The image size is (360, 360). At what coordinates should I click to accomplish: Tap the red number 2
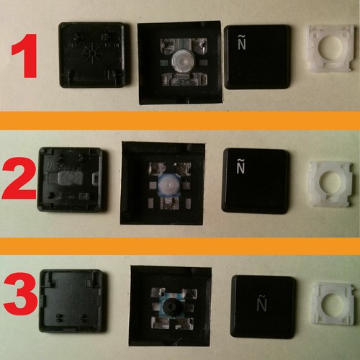(x=19, y=179)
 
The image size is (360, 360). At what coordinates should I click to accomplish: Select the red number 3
(x=21, y=294)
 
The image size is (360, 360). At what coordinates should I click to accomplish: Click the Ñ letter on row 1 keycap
(x=242, y=42)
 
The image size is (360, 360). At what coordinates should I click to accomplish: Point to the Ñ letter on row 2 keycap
(x=240, y=166)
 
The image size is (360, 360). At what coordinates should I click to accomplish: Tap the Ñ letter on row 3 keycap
(x=261, y=303)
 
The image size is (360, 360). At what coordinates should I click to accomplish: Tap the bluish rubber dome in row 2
(x=168, y=186)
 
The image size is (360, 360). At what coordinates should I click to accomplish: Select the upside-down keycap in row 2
(x=70, y=179)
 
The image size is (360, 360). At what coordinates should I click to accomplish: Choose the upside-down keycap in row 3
(x=71, y=300)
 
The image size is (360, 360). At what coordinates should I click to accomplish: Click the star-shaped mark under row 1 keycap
(x=92, y=53)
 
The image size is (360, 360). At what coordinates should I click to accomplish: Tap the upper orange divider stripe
(x=180, y=120)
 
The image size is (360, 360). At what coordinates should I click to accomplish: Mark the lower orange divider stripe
(x=180, y=246)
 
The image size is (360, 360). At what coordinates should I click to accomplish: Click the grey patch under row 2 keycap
(x=70, y=179)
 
